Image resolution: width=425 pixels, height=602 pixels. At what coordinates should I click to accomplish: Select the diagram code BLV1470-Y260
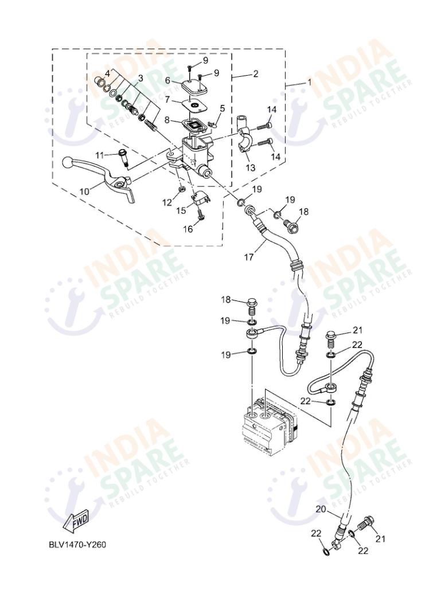[x=77, y=544]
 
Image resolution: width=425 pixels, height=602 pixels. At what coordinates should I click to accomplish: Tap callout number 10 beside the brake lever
[x=84, y=191]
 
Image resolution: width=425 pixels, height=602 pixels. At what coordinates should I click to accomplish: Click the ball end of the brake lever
[x=68, y=163]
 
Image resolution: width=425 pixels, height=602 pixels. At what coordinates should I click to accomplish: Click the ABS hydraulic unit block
[x=264, y=425]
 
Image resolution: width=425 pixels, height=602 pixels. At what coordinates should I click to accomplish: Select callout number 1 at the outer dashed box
[x=310, y=82]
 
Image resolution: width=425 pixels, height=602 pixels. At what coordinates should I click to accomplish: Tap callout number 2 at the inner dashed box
[x=255, y=74]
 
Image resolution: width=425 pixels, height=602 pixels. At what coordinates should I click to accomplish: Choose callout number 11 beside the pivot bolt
[x=100, y=155]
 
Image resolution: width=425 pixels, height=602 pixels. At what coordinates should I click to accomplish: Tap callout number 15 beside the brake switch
[x=181, y=211]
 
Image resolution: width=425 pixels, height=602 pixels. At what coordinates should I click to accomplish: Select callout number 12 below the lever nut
[x=167, y=202]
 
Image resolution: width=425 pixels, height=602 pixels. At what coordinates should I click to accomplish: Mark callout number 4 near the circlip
[x=107, y=73]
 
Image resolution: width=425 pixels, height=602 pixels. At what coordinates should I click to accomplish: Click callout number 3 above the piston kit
[x=140, y=78]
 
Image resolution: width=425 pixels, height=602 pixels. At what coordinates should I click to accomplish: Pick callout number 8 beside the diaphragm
[x=167, y=120]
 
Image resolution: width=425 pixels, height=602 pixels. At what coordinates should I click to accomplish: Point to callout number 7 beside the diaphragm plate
[x=167, y=100]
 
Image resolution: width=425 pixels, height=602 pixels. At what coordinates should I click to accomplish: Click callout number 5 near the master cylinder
[x=222, y=108]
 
